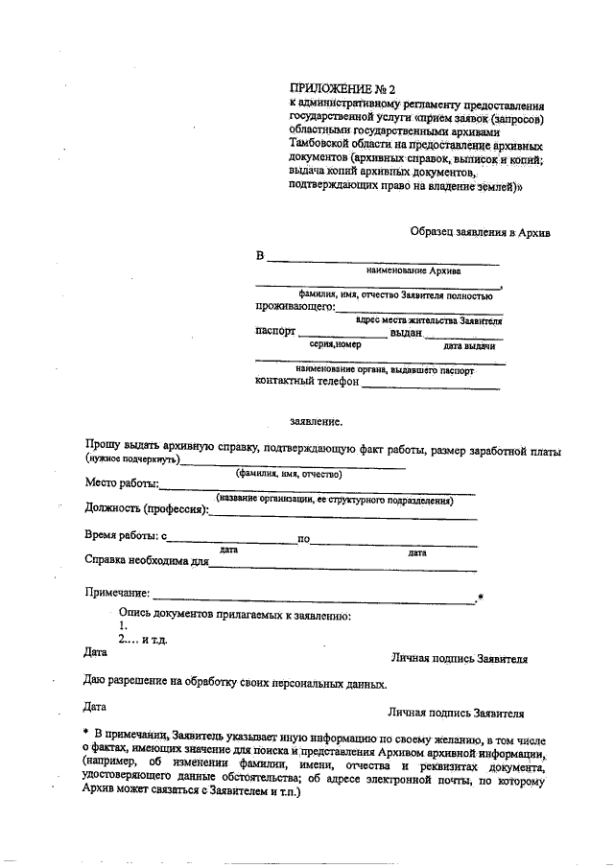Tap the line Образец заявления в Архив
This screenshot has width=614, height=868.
(x=481, y=231)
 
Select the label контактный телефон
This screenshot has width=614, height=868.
(x=307, y=381)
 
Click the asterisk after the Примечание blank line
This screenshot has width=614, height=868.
(x=480, y=599)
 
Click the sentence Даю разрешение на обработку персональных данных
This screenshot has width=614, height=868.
(x=236, y=685)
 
